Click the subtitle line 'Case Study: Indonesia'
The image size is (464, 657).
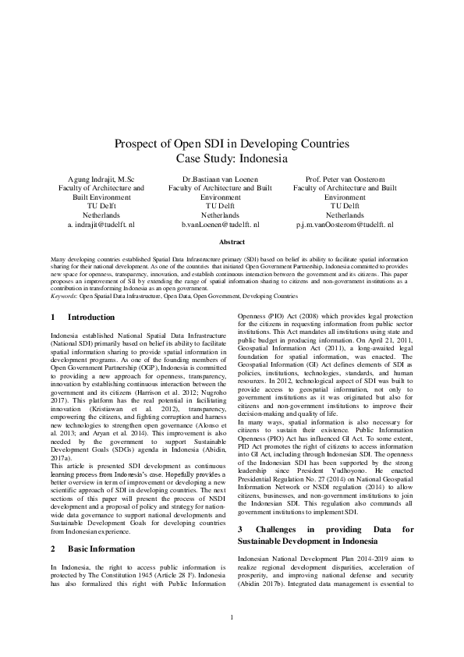point(232,158)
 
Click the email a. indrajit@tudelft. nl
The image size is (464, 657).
point(101,224)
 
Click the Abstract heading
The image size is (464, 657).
point(232,243)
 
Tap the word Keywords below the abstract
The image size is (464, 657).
point(66,297)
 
